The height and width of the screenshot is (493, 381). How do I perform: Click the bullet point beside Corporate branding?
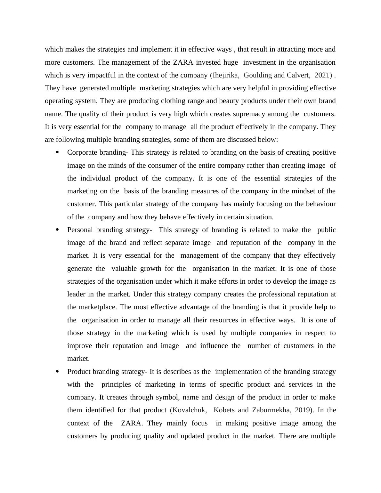58,152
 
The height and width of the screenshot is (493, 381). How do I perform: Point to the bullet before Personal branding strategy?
58,230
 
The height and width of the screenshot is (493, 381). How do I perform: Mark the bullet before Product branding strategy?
58,371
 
